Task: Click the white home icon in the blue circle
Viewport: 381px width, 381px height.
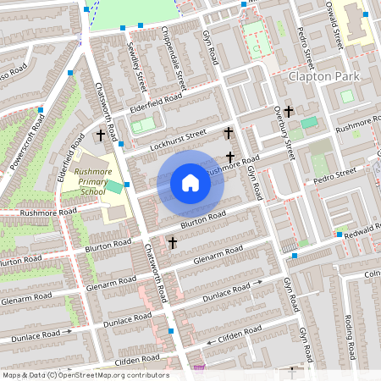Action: pos(190,182)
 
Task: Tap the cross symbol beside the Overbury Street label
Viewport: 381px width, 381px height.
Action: pos(289,111)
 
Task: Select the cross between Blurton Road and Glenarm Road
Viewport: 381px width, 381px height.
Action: pos(174,243)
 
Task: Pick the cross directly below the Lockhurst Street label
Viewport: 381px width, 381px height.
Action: pos(229,157)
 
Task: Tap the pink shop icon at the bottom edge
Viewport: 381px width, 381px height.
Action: pos(200,368)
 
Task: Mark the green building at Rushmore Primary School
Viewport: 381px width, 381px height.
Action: pos(113,185)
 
